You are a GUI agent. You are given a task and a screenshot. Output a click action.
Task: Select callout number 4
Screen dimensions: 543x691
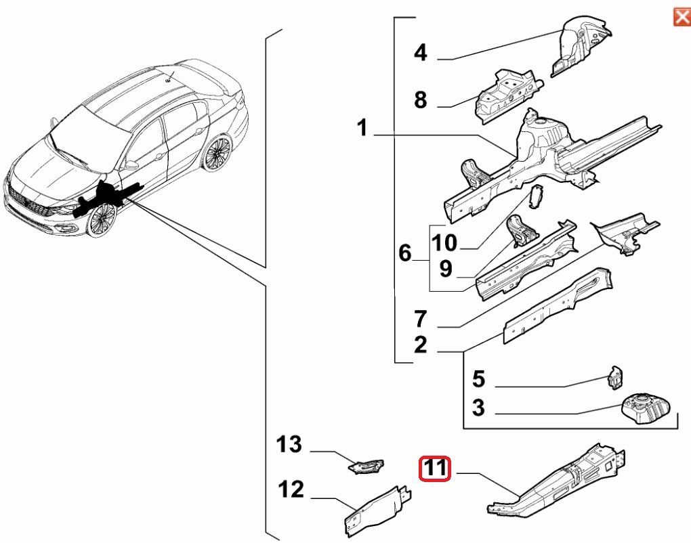tap(421, 52)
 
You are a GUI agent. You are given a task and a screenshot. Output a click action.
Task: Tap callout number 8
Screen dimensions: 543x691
tap(421, 101)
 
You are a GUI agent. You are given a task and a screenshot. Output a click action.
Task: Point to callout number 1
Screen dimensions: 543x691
tap(362, 128)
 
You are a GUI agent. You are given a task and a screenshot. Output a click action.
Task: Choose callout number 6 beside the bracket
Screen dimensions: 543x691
tap(405, 253)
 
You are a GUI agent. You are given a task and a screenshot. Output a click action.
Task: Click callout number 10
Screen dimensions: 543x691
tap(445, 242)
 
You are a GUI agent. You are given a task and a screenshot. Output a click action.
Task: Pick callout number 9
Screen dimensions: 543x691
tap(445, 269)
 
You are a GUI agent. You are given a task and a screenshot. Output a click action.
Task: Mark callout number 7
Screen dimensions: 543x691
tap(421, 318)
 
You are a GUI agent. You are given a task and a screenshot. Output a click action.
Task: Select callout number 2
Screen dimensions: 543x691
tap(421, 345)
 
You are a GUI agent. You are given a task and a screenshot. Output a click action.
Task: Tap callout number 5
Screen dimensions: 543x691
tap(478, 378)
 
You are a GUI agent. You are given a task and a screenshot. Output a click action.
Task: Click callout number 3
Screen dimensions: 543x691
tap(478, 408)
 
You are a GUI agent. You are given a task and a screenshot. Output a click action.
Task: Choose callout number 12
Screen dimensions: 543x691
tap(292, 490)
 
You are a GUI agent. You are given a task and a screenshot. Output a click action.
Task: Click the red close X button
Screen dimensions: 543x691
tap(681, 16)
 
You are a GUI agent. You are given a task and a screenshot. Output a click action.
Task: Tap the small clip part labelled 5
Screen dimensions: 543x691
tap(615, 378)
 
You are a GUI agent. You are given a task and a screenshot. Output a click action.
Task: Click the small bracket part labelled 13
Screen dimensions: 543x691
tap(366, 465)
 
